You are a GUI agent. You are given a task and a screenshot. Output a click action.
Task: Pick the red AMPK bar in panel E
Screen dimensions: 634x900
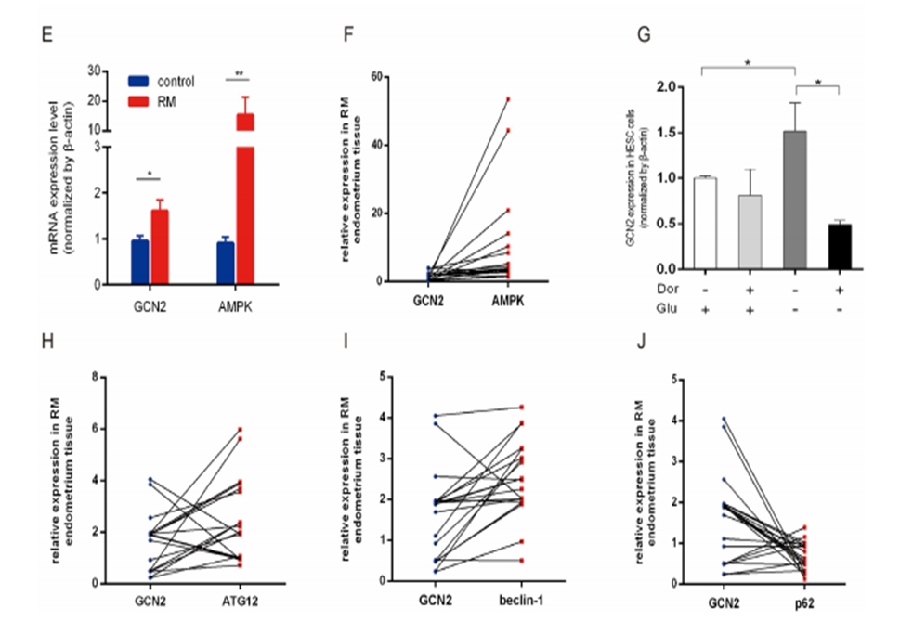244,213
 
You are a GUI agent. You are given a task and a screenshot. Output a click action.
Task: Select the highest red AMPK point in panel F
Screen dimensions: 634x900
508,98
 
